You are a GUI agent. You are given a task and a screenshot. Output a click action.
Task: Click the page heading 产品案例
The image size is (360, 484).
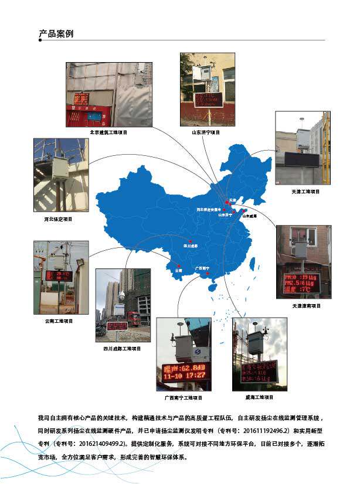[x=56, y=34]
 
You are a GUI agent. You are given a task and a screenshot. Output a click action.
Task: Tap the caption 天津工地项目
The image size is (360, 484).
[x=305, y=192]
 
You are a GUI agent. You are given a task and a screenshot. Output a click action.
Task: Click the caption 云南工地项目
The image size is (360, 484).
[x=59, y=321]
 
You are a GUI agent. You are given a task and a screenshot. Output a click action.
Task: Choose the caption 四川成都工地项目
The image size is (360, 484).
[x=123, y=348]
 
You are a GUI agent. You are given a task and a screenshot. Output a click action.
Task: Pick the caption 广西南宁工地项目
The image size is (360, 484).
[x=183, y=398]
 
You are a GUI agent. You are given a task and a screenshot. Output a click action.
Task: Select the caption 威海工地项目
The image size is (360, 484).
[x=259, y=397]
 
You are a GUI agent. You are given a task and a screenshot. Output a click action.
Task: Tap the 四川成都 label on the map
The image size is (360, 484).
[x=192, y=246]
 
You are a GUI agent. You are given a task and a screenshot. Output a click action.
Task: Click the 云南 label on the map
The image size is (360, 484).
[x=178, y=271]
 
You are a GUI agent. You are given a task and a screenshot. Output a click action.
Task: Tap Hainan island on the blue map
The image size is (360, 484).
[x=212, y=288]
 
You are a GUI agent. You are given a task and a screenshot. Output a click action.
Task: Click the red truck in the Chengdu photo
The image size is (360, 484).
[x=133, y=319]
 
